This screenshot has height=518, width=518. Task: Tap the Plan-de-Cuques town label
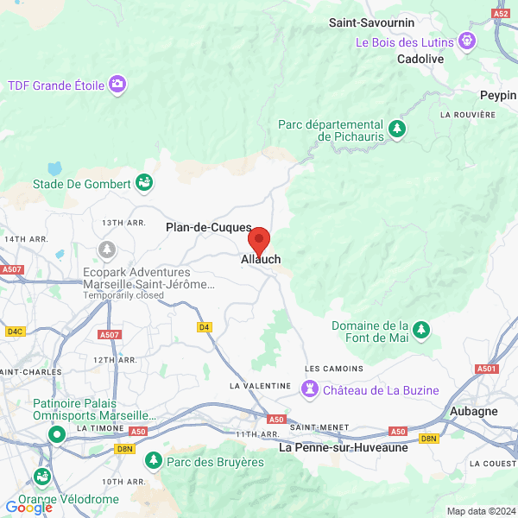point(208,227)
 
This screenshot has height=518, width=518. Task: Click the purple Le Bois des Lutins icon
point(467,40)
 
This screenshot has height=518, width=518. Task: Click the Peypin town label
point(498,95)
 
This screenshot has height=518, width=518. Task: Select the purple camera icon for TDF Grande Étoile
point(117,85)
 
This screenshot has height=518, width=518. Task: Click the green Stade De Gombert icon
point(144,183)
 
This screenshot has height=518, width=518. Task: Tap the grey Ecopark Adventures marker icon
point(107,250)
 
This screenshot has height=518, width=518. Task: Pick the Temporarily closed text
point(123,295)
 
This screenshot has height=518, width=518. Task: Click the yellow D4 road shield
point(205,326)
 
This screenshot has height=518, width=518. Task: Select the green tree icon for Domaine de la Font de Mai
point(421,330)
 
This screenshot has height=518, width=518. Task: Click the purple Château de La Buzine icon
point(309,389)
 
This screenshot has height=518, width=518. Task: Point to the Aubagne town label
point(472,411)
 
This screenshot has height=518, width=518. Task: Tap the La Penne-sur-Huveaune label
point(343,448)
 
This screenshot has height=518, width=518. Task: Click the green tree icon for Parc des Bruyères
point(154,461)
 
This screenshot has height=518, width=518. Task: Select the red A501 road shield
point(486,369)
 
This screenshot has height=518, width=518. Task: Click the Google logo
point(28,508)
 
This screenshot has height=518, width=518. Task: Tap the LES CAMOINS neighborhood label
point(334,369)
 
